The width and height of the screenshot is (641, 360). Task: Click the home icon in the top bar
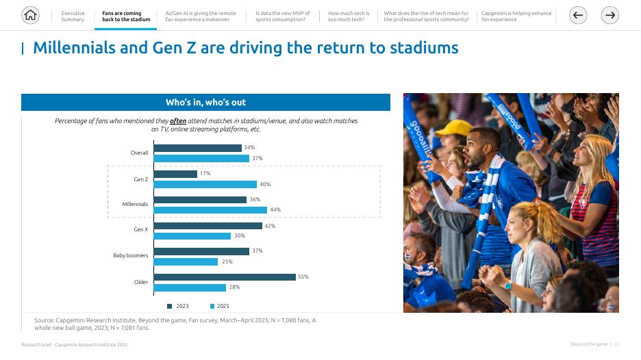(30, 15)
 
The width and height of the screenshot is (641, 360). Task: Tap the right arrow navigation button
(609, 15)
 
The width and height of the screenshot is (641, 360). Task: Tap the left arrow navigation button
(578, 15)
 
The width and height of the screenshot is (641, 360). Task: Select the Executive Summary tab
(73, 16)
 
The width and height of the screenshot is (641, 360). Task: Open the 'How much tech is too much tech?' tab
(348, 16)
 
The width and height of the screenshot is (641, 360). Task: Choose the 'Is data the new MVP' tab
(282, 16)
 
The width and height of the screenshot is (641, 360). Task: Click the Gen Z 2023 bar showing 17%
(175, 174)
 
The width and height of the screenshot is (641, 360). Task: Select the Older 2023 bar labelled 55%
(225, 277)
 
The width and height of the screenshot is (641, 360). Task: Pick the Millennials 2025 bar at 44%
(210, 210)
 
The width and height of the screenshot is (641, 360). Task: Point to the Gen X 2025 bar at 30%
(192, 236)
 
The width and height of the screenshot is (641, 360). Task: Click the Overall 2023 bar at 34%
(197, 148)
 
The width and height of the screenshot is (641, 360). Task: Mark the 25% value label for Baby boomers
(227, 261)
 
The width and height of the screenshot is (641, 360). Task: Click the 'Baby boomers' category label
(130, 256)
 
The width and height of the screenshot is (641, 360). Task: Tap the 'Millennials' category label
(135, 204)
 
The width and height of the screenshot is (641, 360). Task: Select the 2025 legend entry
(220, 306)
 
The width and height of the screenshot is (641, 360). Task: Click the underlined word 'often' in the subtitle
(178, 121)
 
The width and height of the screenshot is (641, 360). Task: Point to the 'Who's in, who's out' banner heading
(205, 102)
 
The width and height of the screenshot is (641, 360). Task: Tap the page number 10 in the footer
(616, 344)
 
